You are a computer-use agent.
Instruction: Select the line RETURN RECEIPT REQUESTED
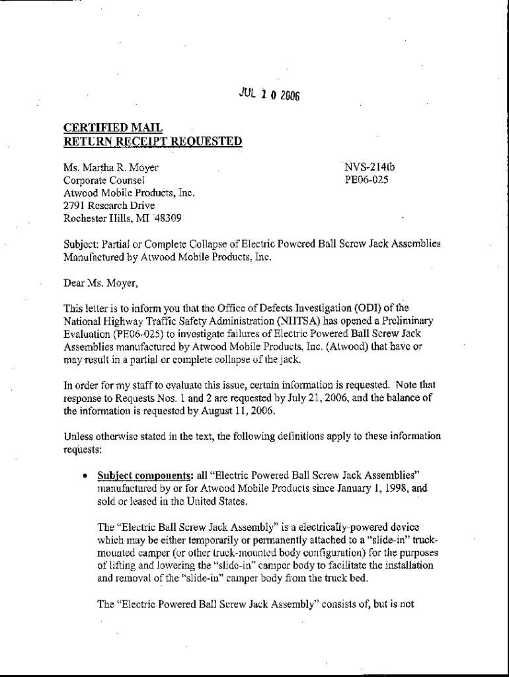click(152, 141)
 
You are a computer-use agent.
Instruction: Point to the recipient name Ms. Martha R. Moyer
click(111, 168)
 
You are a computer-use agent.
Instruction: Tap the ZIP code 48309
click(167, 218)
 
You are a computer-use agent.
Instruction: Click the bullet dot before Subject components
click(85, 475)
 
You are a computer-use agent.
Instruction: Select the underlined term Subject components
click(136, 475)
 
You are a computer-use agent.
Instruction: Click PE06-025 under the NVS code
click(366, 179)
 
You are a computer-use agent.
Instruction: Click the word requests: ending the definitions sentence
click(83, 449)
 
